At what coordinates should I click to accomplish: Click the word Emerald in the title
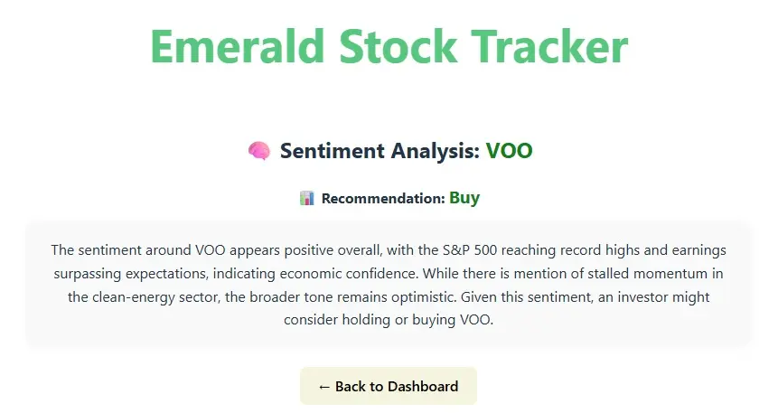pos(238,47)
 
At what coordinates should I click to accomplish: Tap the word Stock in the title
pos(398,47)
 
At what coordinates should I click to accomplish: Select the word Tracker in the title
pos(549,47)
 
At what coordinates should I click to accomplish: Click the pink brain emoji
pos(259,151)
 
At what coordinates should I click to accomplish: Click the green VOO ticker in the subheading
pos(509,151)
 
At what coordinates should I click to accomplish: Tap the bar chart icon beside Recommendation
pos(307,198)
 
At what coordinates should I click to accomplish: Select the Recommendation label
pos(383,199)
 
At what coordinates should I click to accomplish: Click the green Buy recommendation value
pos(464,198)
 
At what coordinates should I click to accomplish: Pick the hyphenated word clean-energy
pos(130,297)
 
